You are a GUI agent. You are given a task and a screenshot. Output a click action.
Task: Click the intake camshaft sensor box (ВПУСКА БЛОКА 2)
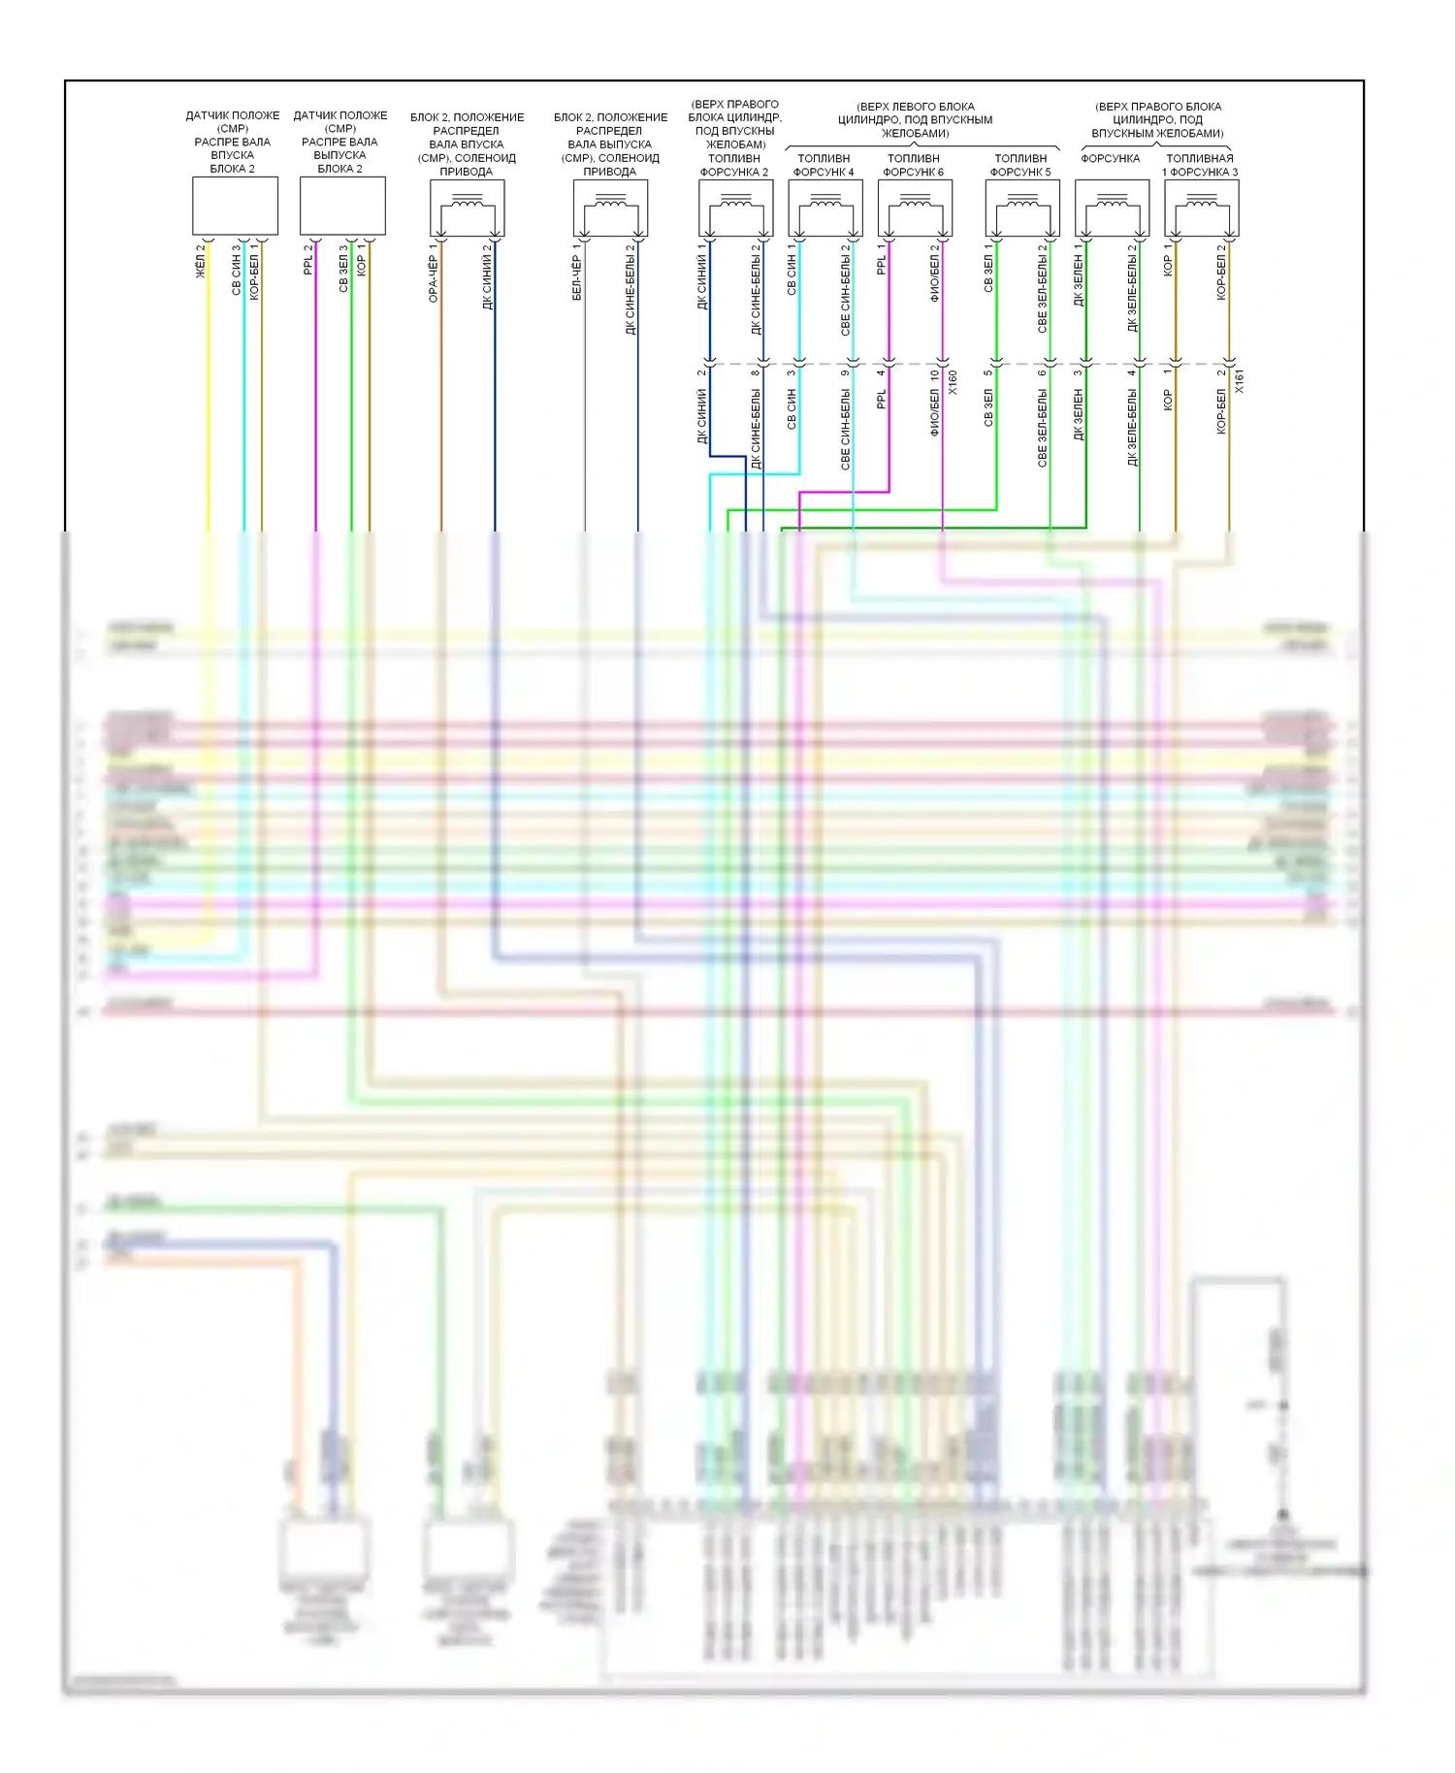click(235, 206)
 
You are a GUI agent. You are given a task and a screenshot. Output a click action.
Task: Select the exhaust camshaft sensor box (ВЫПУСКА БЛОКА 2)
click(342, 206)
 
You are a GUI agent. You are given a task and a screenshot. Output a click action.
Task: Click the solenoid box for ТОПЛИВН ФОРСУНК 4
click(825, 208)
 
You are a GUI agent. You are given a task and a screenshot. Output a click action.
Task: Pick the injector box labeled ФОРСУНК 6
click(915, 208)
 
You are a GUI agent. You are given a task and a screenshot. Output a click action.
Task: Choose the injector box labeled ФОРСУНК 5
click(1022, 208)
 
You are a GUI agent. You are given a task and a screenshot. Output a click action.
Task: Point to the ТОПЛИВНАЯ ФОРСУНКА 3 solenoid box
click(1202, 208)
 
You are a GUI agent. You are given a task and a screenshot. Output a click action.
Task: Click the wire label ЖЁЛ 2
click(202, 262)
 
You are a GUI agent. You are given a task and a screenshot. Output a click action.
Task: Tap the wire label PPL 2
click(309, 260)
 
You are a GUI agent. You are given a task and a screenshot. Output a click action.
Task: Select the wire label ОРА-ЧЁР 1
click(434, 274)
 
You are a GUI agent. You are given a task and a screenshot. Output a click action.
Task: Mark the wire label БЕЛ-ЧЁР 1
click(577, 273)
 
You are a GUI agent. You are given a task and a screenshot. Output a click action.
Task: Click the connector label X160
click(953, 382)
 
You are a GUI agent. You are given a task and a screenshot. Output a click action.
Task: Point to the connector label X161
click(1240, 382)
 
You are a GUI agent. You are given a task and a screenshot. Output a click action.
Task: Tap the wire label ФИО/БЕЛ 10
click(935, 403)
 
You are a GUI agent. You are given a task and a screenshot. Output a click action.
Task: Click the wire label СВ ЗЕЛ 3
click(343, 269)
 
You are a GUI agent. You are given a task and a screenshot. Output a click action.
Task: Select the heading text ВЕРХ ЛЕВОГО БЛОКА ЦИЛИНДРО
click(915, 119)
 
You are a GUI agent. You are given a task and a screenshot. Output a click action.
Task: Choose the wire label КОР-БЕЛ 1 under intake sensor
click(255, 273)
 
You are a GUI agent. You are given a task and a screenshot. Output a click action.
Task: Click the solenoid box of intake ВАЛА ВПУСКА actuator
click(468, 208)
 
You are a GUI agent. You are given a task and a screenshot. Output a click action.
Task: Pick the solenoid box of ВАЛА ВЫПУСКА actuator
click(611, 208)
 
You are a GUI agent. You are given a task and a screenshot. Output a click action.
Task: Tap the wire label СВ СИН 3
click(237, 271)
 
